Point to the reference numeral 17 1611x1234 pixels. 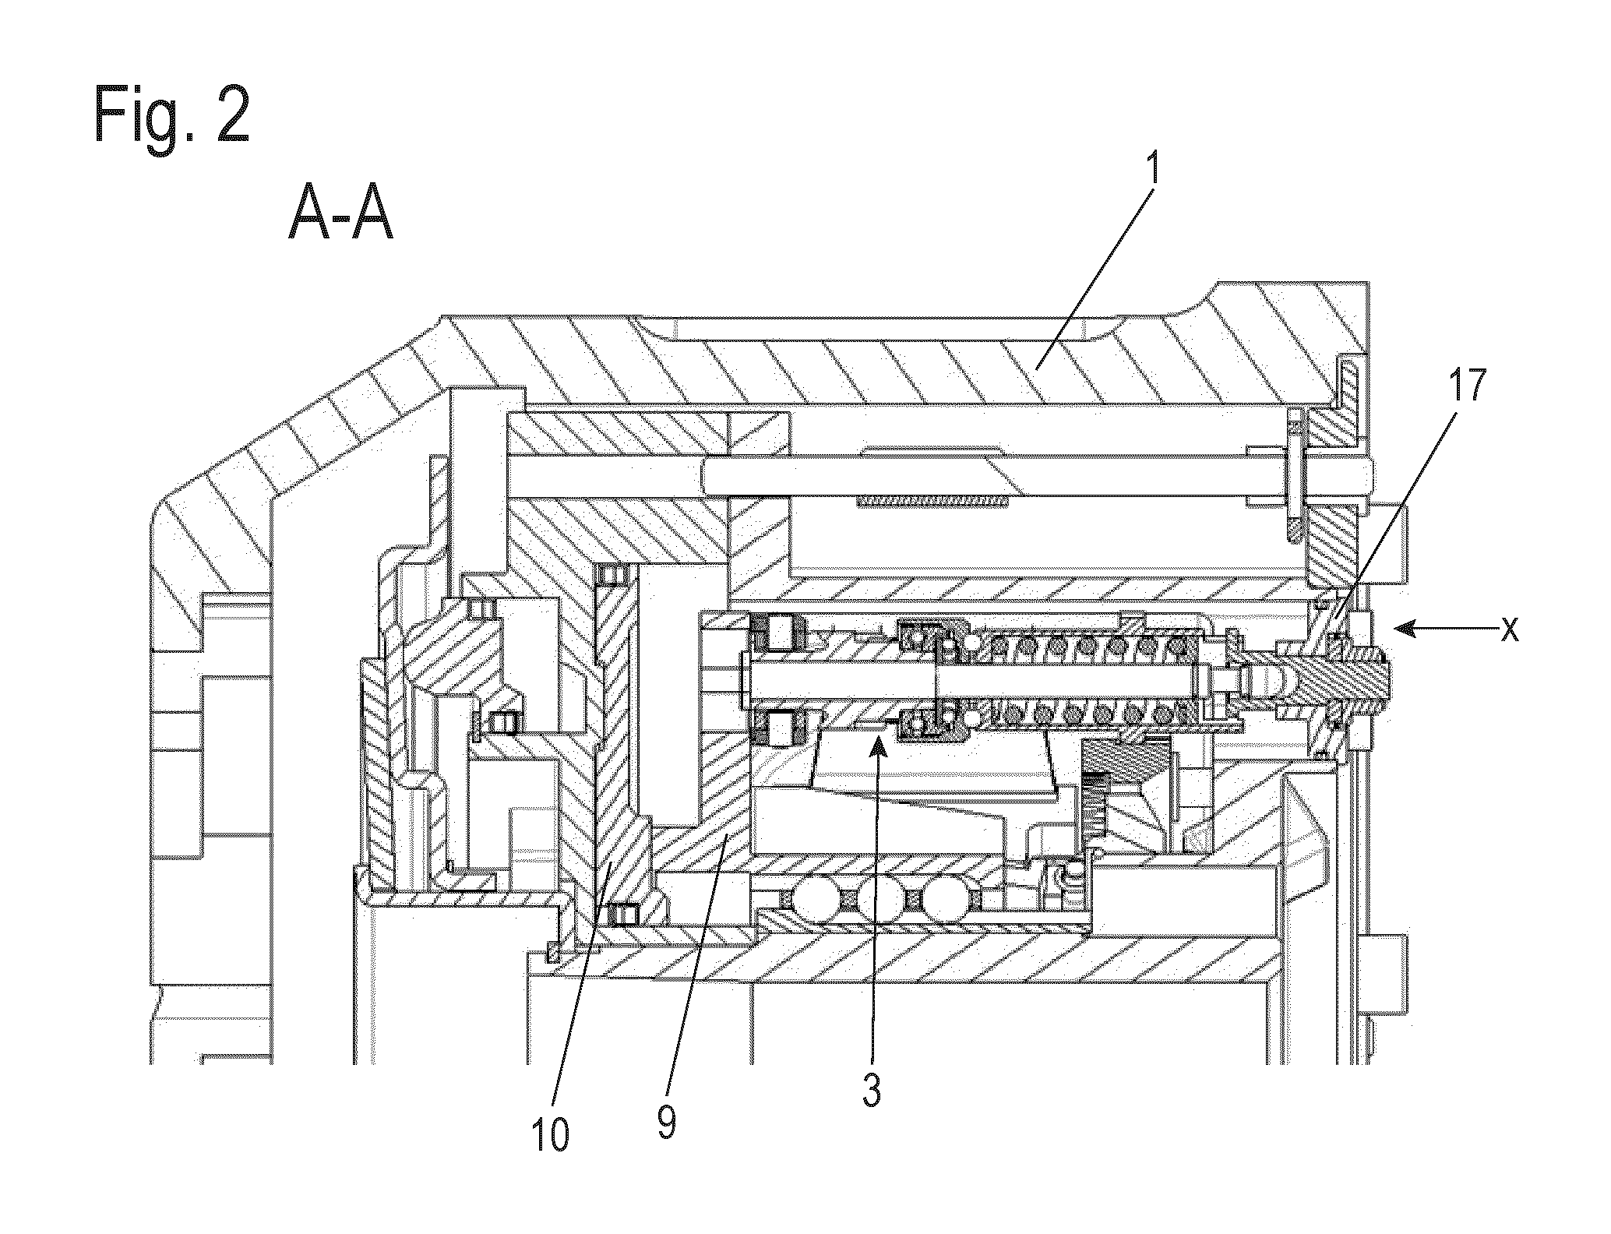point(1465,386)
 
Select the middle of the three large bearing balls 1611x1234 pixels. point(879,900)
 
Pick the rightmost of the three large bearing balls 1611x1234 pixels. point(946,900)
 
